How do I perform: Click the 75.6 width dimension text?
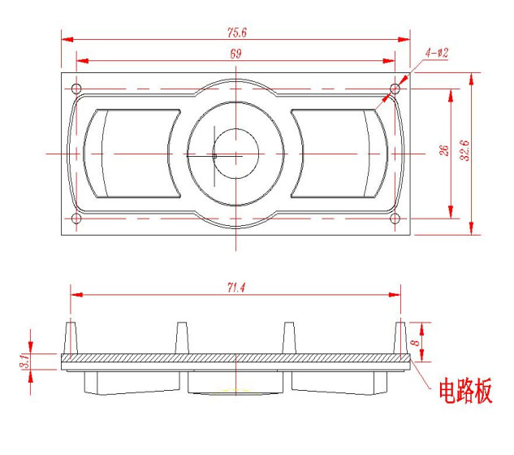(236, 32)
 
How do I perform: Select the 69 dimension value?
(235, 54)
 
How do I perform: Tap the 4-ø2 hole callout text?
(437, 53)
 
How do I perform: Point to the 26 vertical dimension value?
(443, 150)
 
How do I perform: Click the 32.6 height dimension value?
(464, 150)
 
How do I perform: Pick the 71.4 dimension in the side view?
(236, 288)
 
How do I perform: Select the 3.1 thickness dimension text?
(25, 361)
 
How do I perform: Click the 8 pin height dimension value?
(415, 343)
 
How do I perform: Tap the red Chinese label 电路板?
(465, 390)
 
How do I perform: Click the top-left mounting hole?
(76, 89)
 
